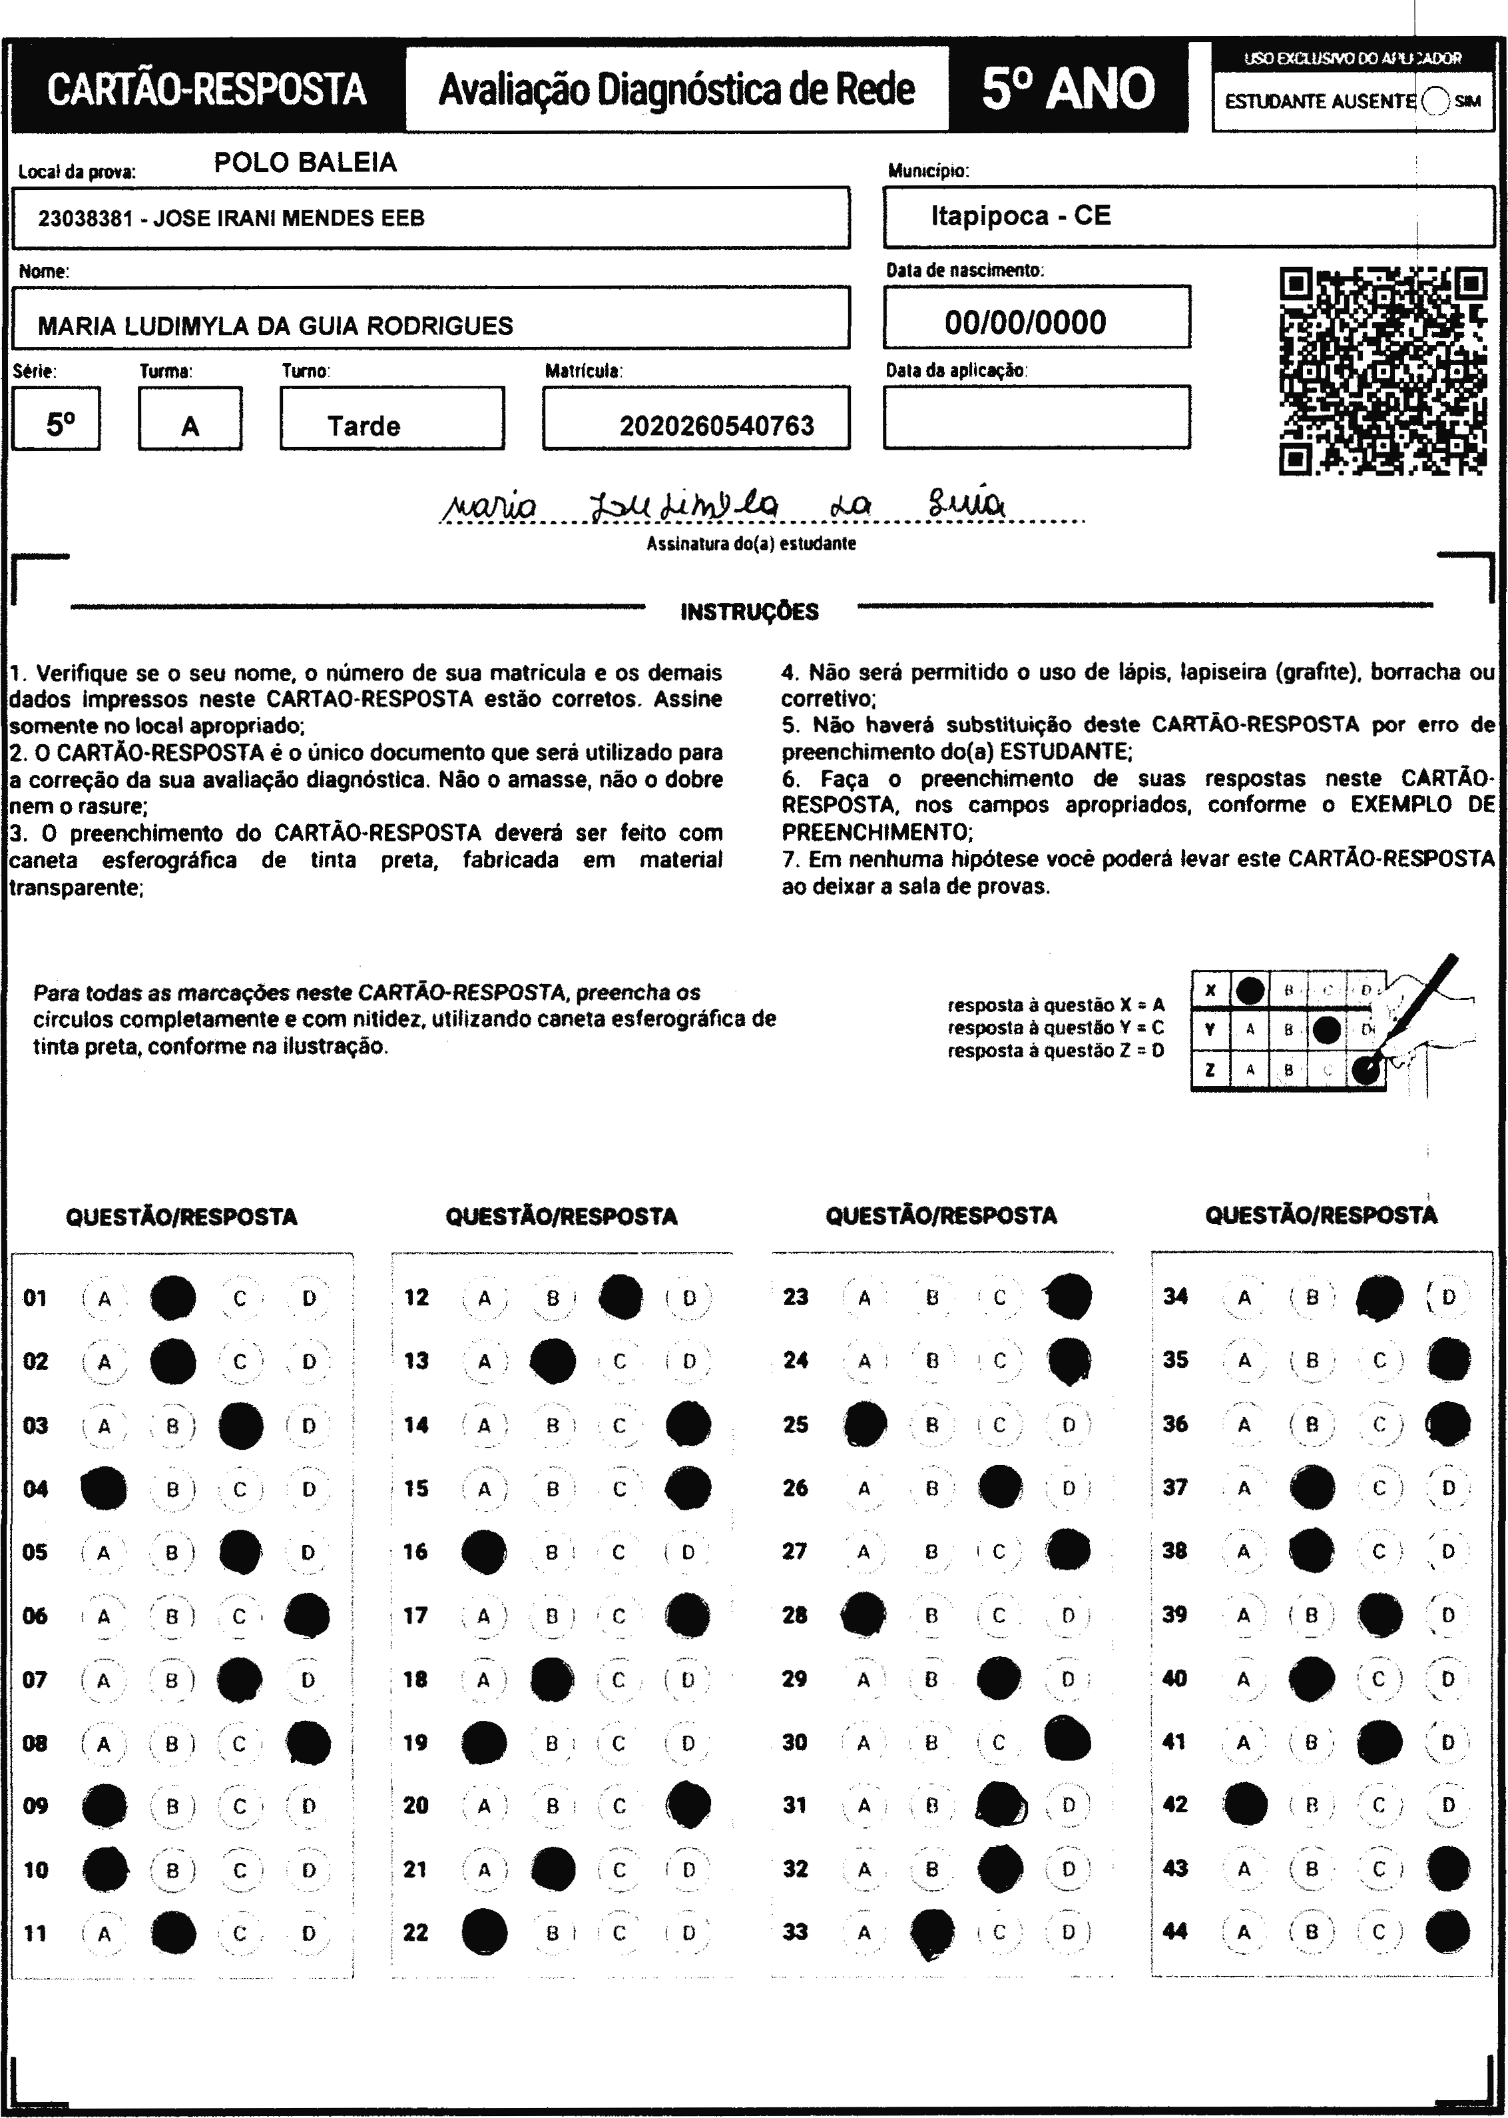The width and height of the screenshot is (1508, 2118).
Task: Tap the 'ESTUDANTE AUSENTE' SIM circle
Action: [1435, 101]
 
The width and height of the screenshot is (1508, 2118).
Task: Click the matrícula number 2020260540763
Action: [716, 426]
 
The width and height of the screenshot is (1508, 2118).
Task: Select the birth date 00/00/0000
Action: [1025, 322]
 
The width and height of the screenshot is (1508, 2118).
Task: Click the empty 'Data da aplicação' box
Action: [1036, 417]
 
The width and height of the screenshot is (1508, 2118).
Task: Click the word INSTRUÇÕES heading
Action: [750, 612]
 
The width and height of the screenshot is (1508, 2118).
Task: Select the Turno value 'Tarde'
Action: [363, 426]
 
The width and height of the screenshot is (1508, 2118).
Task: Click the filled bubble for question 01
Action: [172, 1298]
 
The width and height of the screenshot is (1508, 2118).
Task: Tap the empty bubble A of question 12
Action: [484, 1298]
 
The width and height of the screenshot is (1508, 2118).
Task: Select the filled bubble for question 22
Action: [484, 1932]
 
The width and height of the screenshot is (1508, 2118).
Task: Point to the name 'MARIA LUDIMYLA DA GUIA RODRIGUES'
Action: [275, 326]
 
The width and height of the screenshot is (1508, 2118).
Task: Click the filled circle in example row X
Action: [1250, 990]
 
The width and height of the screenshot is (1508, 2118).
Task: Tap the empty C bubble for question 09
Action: [240, 1806]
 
